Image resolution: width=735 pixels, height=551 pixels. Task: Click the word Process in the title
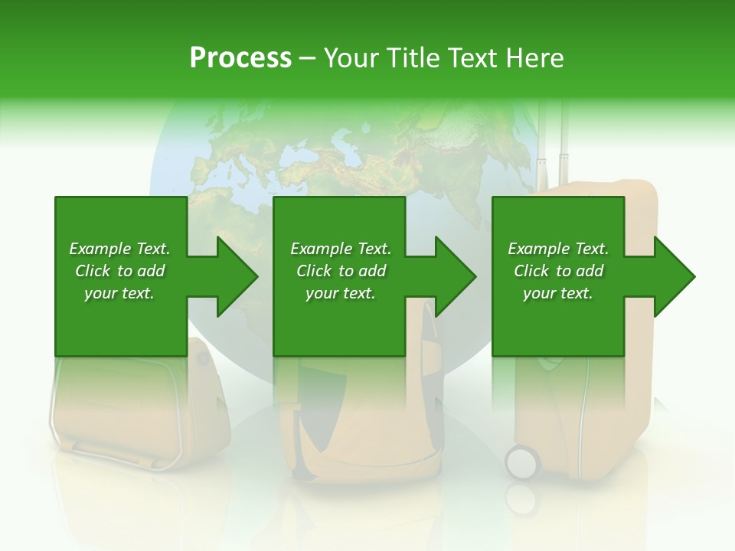(240, 58)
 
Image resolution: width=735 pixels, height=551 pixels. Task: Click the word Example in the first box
(100, 249)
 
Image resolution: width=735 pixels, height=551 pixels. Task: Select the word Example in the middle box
(321, 249)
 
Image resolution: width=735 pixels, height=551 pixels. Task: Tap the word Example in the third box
(538, 249)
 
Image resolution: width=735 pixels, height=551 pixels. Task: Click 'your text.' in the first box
(119, 293)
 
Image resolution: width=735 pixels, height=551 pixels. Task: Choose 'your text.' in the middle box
(340, 293)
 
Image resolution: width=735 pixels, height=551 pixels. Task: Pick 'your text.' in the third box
(558, 293)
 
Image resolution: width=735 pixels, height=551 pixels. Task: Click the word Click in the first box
(93, 271)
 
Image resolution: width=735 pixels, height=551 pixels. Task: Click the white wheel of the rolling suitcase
(523, 462)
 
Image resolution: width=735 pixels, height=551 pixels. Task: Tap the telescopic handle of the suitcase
(553, 145)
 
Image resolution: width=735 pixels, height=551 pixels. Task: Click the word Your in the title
(351, 58)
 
